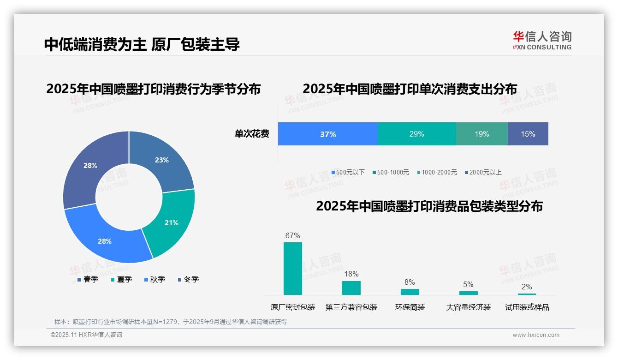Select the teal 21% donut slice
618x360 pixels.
(x=171, y=223)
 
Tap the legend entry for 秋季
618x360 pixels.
(x=155, y=279)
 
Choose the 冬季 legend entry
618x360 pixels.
(x=189, y=279)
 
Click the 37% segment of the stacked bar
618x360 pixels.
(x=328, y=134)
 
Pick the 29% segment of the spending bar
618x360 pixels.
(x=416, y=134)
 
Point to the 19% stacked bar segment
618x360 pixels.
(x=481, y=134)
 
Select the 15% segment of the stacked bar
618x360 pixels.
(x=528, y=134)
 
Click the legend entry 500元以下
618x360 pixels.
(x=348, y=172)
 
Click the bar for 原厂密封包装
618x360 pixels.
(x=293, y=268)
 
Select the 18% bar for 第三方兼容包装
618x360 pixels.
(x=351, y=288)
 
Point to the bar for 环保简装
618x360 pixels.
(x=410, y=292)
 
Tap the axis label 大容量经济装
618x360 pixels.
(x=469, y=307)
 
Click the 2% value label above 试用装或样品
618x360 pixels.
(x=527, y=287)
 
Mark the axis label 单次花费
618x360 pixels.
(x=252, y=134)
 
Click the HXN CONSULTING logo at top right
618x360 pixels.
(x=542, y=41)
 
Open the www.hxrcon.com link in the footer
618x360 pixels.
(x=536, y=335)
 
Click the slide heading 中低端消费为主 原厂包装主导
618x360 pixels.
(x=142, y=44)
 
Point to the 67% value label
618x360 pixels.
(x=293, y=235)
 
